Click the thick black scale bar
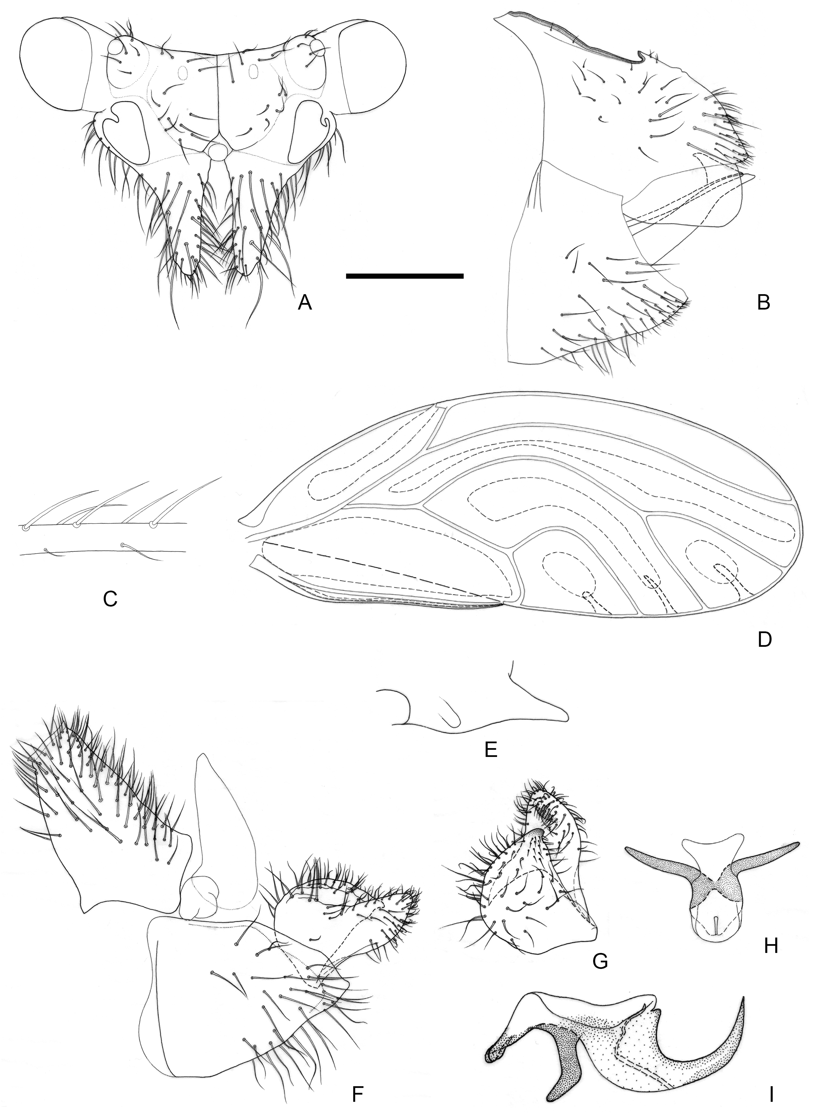tap(405, 276)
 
